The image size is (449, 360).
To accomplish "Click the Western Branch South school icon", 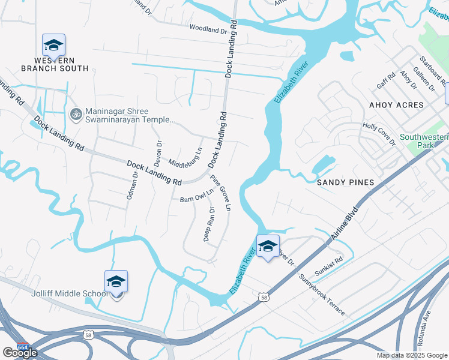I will tap(53, 45).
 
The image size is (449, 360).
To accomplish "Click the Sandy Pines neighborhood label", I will tap(346, 182).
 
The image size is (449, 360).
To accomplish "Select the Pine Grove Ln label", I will tap(221, 193).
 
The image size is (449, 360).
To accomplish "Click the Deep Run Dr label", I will tap(209, 224).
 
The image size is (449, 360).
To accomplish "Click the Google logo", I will tap(20, 353).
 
